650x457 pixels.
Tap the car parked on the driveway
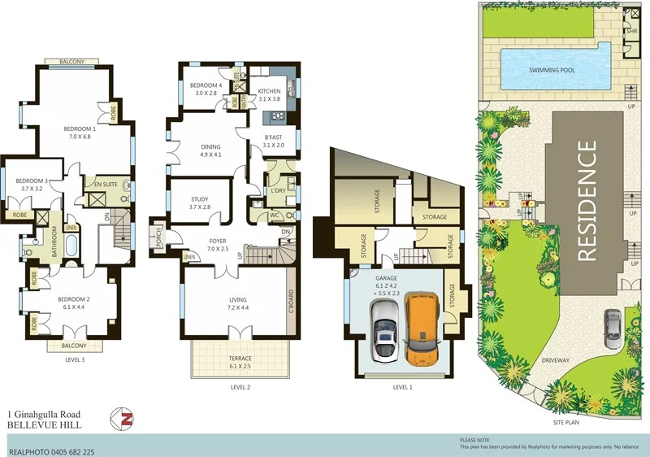click(x=611, y=328)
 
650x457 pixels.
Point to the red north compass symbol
click(x=127, y=419)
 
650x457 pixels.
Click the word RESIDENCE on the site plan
click(x=589, y=201)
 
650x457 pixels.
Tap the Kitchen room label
click(x=269, y=91)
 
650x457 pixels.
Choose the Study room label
click(x=200, y=199)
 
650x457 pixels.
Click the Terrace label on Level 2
click(x=239, y=359)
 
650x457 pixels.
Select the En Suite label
click(x=108, y=185)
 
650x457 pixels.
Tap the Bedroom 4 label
click(x=206, y=85)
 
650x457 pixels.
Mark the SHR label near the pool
click(x=631, y=31)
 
